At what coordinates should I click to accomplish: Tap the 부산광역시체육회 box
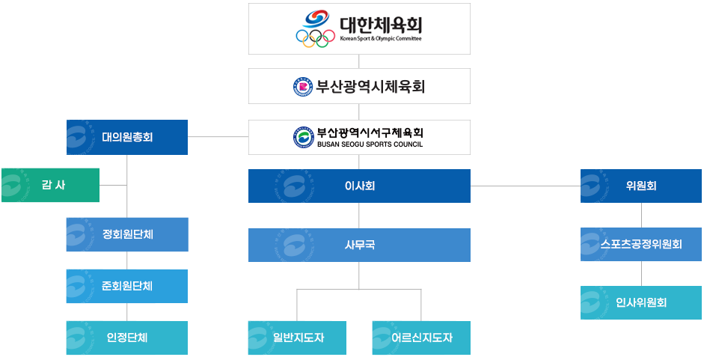(359, 86)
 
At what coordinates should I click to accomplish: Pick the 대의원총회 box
(127, 137)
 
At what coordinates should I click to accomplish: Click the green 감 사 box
(50, 185)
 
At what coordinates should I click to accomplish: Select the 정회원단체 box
(127, 234)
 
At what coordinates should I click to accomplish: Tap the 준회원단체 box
(127, 286)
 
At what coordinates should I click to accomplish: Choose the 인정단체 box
(127, 338)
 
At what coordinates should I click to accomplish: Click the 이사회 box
(359, 186)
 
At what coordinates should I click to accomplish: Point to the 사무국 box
(359, 245)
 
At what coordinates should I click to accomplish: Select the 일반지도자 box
(298, 338)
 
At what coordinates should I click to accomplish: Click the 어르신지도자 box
(421, 338)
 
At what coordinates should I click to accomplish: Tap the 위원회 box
(640, 186)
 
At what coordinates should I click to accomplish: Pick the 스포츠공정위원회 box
(640, 244)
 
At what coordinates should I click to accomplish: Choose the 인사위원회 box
(640, 302)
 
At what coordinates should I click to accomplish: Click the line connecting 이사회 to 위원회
(525, 186)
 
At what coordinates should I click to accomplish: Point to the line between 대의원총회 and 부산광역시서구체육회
(218, 137)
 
